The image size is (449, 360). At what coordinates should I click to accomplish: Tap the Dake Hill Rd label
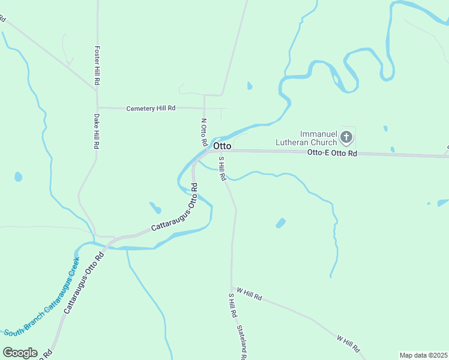click(96, 131)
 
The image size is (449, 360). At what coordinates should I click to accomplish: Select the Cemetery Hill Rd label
click(151, 109)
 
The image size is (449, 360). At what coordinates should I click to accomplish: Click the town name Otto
click(222, 146)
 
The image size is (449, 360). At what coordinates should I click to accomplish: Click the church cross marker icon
click(346, 138)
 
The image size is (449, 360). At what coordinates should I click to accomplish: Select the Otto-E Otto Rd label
click(332, 154)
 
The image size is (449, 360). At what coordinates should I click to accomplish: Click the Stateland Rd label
click(241, 343)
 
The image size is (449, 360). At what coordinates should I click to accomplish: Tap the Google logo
click(20, 353)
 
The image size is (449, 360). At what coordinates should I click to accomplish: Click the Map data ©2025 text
click(423, 355)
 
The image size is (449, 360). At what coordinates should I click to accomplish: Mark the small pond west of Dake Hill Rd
click(19, 177)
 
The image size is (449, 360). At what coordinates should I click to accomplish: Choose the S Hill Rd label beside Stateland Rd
click(232, 305)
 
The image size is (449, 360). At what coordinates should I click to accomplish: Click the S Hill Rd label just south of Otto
click(222, 169)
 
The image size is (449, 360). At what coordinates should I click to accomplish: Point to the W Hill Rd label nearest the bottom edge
click(348, 344)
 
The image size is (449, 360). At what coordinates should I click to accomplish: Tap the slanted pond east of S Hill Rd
click(280, 223)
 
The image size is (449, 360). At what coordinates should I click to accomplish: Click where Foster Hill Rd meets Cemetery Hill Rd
click(97, 107)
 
